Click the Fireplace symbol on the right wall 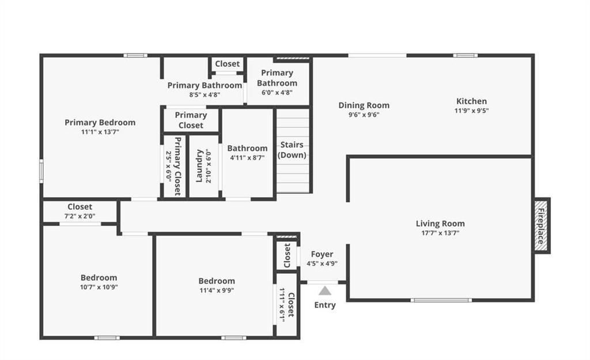click(x=542, y=225)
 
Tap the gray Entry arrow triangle click(x=325, y=291)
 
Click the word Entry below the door click(x=325, y=305)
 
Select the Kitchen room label click(x=471, y=101)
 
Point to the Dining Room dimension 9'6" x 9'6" click(x=364, y=115)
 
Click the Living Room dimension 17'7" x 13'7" click(x=440, y=233)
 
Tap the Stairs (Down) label click(x=292, y=150)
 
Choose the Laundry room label click(x=199, y=166)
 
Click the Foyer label click(x=322, y=254)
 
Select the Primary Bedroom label click(x=100, y=122)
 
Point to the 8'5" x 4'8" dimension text click(x=205, y=95)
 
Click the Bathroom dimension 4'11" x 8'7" click(x=247, y=158)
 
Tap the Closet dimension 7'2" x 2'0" click(x=80, y=216)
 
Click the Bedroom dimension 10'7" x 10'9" click(x=99, y=287)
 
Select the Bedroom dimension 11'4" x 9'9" click(x=217, y=290)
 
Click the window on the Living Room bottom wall click(x=441, y=300)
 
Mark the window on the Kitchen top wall click(x=466, y=56)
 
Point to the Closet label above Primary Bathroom click(x=227, y=63)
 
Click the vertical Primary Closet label click(x=177, y=166)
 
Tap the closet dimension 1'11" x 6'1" click(x=282, y=305)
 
